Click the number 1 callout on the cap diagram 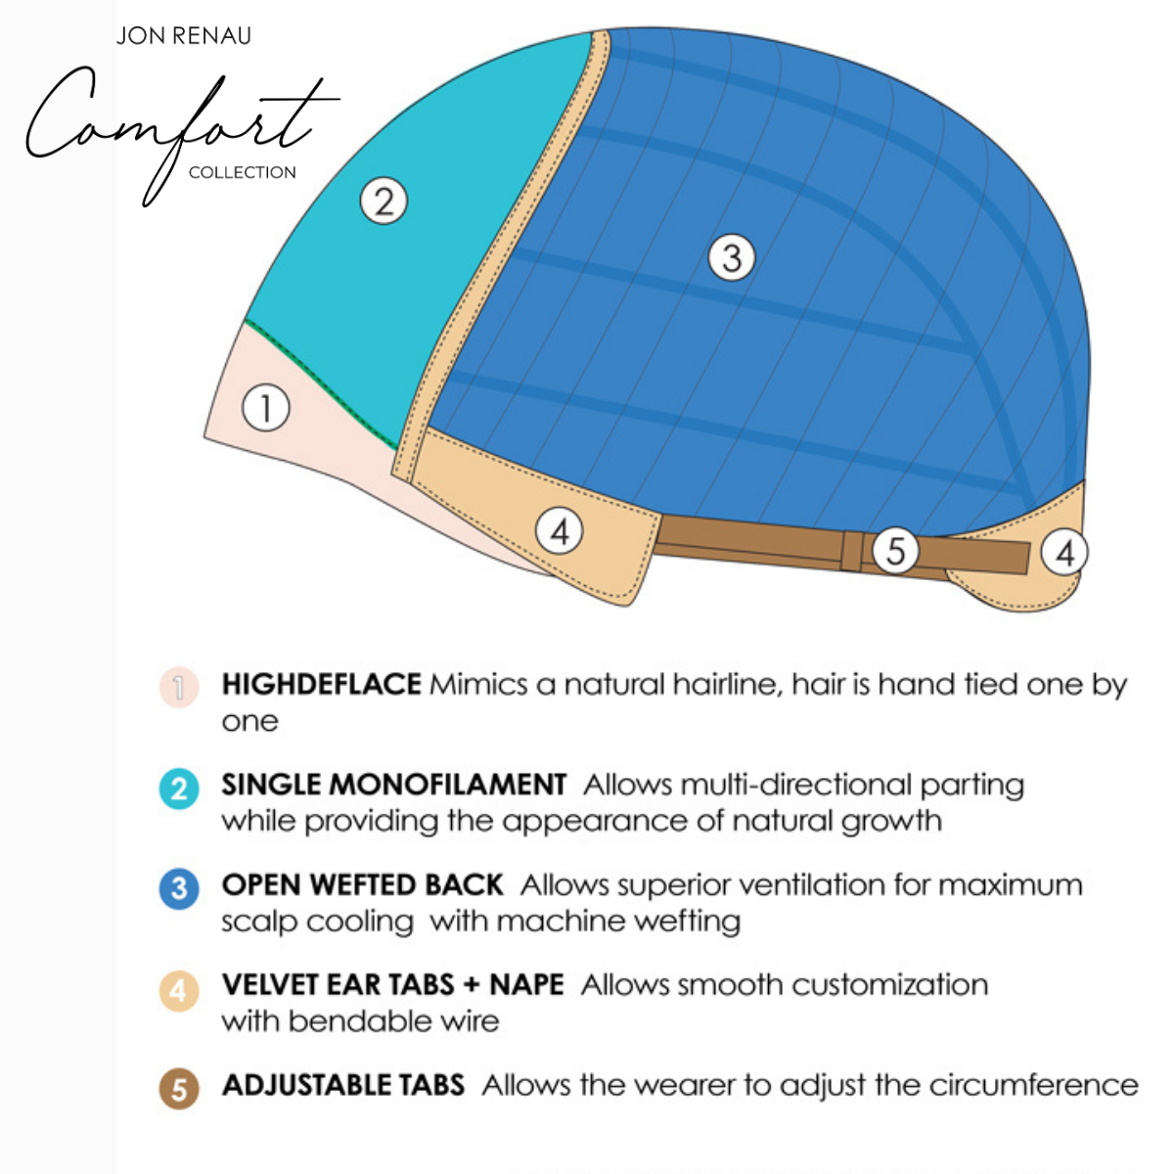(x=265, y=407)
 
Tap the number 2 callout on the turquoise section (x=384, y=202)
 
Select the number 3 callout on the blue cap (x=732, y=258)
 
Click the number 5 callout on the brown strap (x=895, y=551)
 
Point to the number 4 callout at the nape (x=1064, y=553)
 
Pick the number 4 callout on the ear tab (x=560, y=531)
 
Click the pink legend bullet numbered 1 (x=179, y=687)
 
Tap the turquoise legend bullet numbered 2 (x=179, y=789)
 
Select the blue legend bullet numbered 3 (x=179, y=889)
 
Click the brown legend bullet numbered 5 (x=179, y=1089)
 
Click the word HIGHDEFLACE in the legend (x=321, y=684)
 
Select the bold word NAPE (x=526, y=984)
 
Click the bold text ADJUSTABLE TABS (x=342, y=1085)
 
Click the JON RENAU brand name (x=183, y=36)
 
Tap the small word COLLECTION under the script (x=242, y=172)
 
